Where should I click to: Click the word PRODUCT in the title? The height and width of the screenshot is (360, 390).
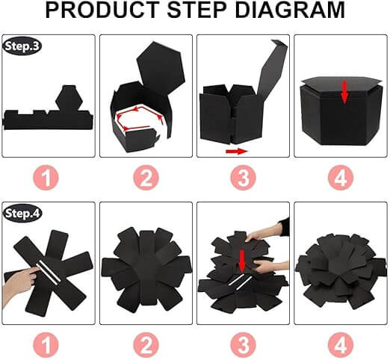pyautogui.click(x=102, y=10)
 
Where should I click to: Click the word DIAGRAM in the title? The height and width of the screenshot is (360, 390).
pyautogui.click(x=290, y=10)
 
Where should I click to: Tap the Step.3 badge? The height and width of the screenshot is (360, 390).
pyautogui.click(x=22, y=46)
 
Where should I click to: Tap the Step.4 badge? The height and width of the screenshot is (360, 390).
pyautogui.click(x=22, y=214)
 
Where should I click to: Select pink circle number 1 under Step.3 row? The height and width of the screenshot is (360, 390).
pyautogui.click(x=46, y=178)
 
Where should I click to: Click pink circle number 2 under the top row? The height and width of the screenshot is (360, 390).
pyautogui.click(x=146, y=178)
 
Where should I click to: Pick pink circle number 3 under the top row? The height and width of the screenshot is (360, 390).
pyautogui.click(x=243, y=178)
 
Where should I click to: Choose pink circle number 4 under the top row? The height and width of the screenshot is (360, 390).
pyautogui.click(x=341, y=178)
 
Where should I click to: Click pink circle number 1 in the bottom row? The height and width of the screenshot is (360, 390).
pyautogui.click(x=46, y=345)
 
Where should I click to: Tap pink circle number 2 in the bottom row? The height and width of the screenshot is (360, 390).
pyautogui.click(x=146, y=345)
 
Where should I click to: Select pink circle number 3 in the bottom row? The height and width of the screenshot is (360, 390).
pyautogui.click(x=243, y=345)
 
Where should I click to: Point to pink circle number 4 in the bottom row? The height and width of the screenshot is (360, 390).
pyautogui.click(x=341, y=345)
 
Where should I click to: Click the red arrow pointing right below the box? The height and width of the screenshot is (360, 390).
pyautogui.click(x=237, y=151)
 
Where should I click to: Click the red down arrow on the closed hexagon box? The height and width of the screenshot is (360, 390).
pyautogui.click(x=344, y=92)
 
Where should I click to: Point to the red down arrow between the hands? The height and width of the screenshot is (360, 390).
pyautogui.click(x=242, y=261)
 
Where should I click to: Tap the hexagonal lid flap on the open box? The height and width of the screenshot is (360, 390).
pyautogui.click(x=161, y=66)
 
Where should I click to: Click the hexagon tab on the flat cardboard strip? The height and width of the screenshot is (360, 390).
pyautogui.click(x=69, y=99)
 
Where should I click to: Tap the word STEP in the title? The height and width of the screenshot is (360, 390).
pyautogui.click(x=196, y=10)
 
